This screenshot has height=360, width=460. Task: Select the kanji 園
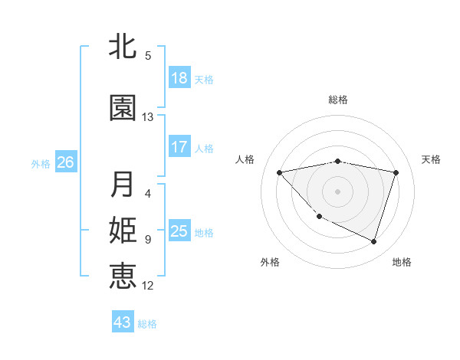point(123,109)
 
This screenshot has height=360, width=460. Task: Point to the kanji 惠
point(123,277)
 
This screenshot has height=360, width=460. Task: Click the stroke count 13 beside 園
point(148,117)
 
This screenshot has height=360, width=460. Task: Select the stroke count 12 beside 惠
point(148,286)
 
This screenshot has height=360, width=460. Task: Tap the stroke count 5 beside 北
point(148,56)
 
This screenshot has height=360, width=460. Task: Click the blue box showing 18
point(179,78)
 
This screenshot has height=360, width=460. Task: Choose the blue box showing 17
point(179,146)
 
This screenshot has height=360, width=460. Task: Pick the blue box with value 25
point(179,231)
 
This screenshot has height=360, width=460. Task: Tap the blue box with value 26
point(65,162)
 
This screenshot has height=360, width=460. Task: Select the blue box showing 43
point(122,322)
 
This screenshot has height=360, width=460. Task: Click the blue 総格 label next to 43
point(147,324)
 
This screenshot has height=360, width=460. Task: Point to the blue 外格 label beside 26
point(41,163)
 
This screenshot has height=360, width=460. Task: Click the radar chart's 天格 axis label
point(432,159)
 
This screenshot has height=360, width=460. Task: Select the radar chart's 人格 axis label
point(245,159)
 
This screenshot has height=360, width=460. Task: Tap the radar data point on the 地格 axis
point(373,241)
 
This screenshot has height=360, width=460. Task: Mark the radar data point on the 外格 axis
point(319,217)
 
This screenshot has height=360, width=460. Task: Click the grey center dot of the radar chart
point(337,191)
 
